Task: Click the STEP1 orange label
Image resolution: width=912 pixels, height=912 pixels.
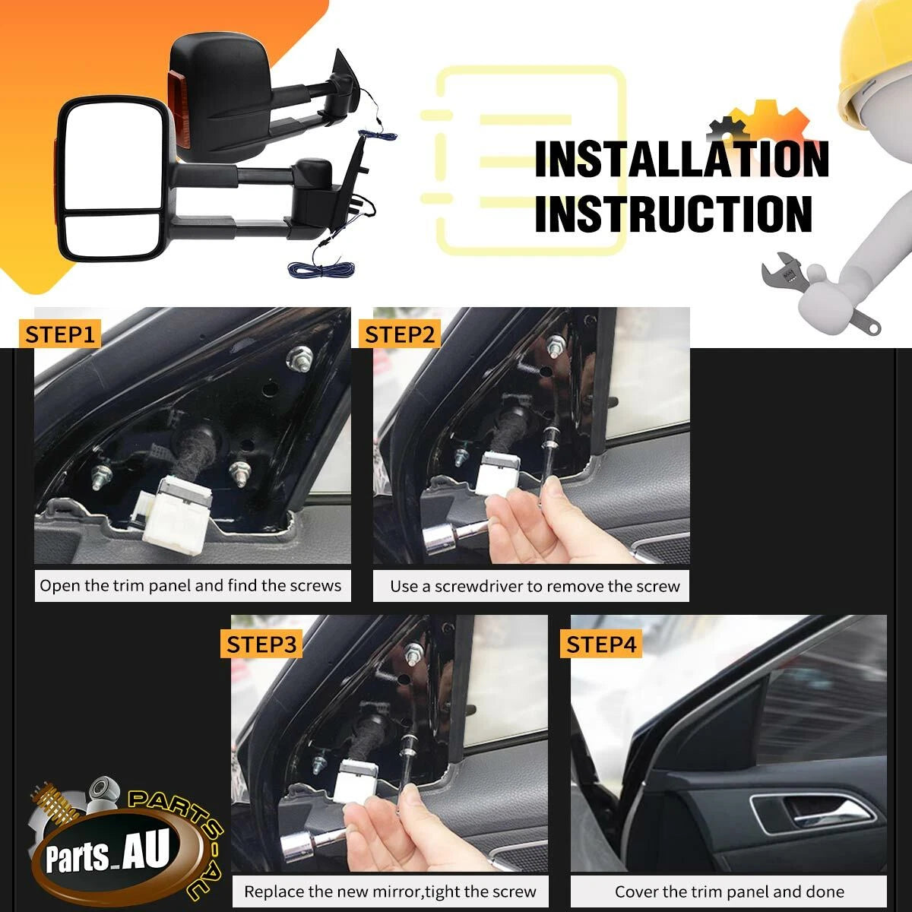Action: [59, 334]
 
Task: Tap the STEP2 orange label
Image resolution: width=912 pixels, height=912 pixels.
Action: [400, 334]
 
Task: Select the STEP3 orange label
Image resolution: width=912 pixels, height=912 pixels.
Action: [261, 644]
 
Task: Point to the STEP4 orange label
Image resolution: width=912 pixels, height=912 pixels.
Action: [601, 644]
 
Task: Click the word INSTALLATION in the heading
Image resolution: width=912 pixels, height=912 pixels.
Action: [682, 159]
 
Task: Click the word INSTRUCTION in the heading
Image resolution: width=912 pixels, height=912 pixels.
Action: [673, 214]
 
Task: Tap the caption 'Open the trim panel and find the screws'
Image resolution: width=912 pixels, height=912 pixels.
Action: [190, 586]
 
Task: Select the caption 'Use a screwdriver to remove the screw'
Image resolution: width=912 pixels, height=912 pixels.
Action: [535, 587]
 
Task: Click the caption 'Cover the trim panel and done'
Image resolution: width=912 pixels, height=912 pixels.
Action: [730, 892]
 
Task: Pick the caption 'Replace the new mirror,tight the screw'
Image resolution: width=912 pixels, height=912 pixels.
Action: [390, 892]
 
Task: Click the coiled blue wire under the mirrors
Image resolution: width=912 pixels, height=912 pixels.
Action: [321, 269]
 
